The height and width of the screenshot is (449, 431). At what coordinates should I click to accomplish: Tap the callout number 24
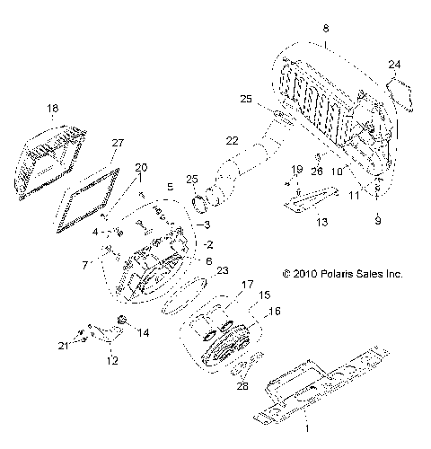(x=396, y=64)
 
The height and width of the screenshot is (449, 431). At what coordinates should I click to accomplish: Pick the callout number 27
(x=117, y=143)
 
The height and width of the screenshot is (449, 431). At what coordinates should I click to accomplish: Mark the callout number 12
(x=111, y=361)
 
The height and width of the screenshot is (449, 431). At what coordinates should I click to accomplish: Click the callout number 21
(x=64, y=345)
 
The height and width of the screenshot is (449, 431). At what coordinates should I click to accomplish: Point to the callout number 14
(x=142, y=331)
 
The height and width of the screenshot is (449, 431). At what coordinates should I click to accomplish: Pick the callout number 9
(x=378, y=220)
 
